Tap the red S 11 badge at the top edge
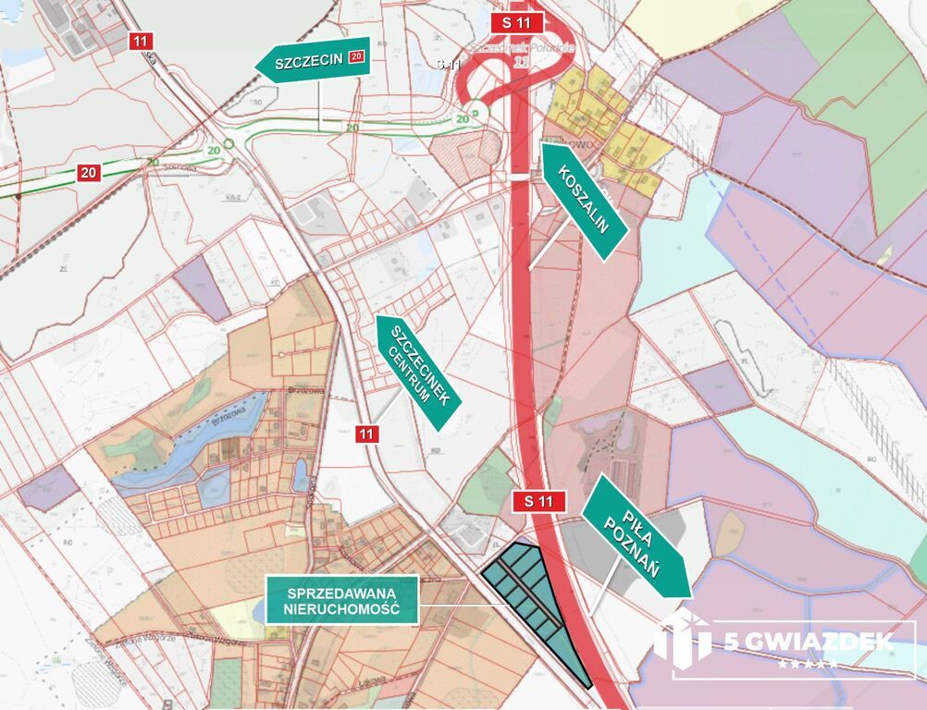[x=517, y=22]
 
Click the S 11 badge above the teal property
[x=538, y=502]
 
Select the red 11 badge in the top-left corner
[x=141, y=41]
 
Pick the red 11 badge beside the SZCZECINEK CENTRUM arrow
[x=368, y=433]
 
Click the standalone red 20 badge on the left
[x=89, y=172]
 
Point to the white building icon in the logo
[x=682, y=638]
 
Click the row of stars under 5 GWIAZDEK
[x=807, y=664]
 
